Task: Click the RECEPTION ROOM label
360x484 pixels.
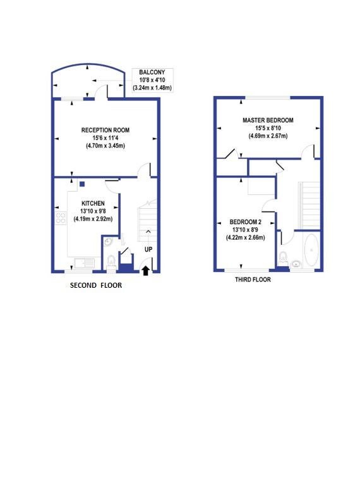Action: (105, 130)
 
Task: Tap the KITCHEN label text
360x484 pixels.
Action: (93, 203)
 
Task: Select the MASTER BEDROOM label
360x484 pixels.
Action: (268, 120)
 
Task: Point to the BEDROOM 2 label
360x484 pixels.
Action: (245, 221)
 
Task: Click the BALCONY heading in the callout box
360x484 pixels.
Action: (152, 72)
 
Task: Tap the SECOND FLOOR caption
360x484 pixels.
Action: (96, 285)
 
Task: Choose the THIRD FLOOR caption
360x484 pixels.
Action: (253, 280)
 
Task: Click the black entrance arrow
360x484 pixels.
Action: (146, 271)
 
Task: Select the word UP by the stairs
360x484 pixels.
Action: (148, 249)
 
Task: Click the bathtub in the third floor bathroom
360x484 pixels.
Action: (311, 250)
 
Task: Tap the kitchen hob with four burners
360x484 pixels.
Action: (61, 218)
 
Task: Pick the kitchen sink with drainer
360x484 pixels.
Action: (84, 263)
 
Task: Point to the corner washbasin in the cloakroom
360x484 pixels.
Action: (107, 242)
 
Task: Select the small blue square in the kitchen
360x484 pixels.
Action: (82, 184)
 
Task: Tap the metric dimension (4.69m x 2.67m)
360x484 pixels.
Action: (268, 136)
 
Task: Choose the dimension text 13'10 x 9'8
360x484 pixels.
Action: (93, 211)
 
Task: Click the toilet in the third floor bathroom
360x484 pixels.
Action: (283, 257)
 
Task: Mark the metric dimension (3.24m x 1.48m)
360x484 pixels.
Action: (152, 88)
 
